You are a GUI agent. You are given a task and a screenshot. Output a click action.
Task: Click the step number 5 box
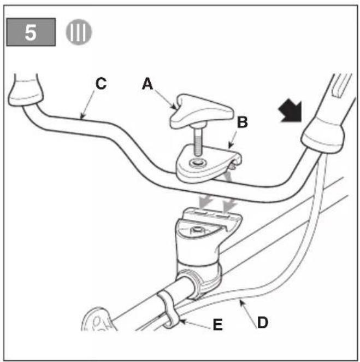[31, 32]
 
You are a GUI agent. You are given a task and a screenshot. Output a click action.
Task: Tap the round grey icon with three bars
[79, 32]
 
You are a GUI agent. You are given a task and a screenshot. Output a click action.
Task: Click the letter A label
[147, 84]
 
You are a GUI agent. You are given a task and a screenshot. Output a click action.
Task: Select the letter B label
[243, 122]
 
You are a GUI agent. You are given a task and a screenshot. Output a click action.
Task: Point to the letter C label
[101, 84]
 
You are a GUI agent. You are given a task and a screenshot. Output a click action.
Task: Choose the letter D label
[263, 322]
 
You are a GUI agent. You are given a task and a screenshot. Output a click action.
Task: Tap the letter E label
[218, 325]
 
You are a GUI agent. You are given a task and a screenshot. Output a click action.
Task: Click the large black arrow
[291, 112]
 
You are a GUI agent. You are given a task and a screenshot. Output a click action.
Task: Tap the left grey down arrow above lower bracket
[206, 201]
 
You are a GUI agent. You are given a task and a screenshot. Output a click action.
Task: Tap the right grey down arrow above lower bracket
[229, 204]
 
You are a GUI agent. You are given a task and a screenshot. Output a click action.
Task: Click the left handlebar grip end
[25, 91]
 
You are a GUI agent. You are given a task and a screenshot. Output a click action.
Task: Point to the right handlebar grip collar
[323, 137]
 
